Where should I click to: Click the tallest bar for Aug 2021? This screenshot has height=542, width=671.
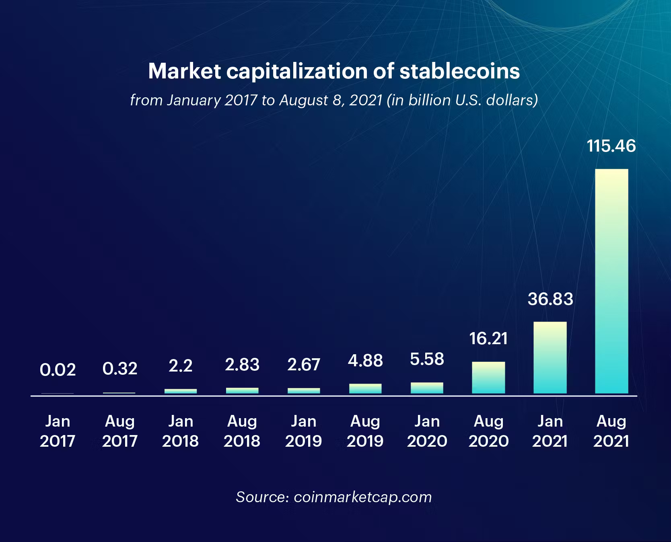click(611, 281)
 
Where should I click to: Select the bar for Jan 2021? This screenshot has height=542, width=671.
click(550, 357)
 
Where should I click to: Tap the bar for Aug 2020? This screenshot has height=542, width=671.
click(488, 378)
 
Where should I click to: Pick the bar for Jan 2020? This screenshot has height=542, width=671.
click(427, 388)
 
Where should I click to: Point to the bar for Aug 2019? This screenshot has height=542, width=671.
click(365, 388)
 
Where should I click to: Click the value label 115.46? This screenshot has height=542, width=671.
click(611, 146)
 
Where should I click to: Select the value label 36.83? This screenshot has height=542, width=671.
click(550, 299)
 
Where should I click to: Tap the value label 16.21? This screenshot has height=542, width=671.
click(488, 339)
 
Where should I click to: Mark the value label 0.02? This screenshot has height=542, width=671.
click(58, 370)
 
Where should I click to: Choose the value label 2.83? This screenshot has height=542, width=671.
click(242, 365)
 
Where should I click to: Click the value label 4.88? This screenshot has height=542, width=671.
click(365, 361)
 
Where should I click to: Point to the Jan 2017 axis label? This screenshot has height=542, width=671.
click(58, 431)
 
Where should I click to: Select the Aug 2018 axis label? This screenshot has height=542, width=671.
click(242, 431)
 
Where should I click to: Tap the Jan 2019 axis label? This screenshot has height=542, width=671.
click(304, 431)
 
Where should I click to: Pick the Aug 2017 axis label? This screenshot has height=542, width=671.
click(120, 431)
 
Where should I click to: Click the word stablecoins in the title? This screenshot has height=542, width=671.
click(459, 71)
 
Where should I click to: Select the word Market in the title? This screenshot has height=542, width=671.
click(185, 71)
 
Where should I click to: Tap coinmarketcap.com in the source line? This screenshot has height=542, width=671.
click(363, 497)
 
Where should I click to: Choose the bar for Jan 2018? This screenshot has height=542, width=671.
click(181, 391)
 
